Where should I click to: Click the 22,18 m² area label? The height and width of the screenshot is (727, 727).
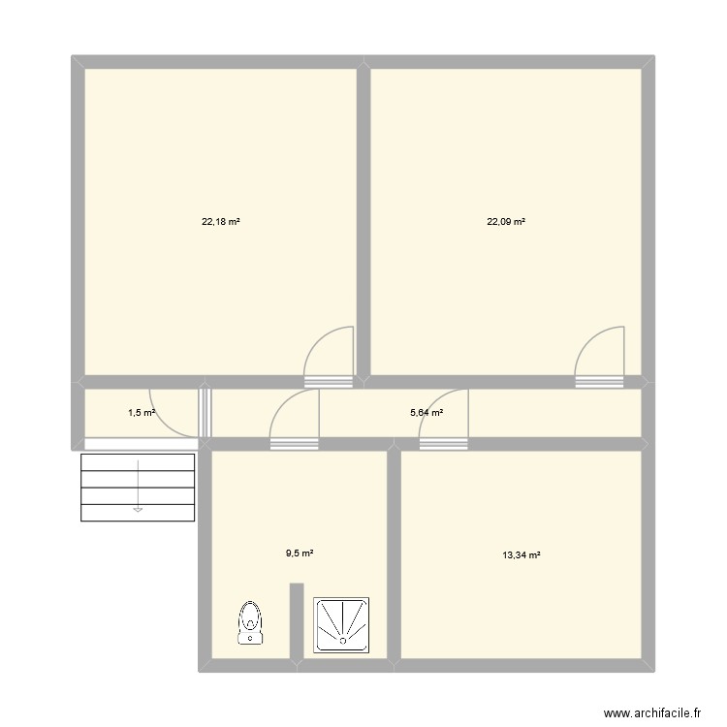(x=221, y=222)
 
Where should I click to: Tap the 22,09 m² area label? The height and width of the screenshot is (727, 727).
(x=506, y=222)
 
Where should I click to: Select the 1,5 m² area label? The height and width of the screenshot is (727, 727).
(x=142, y=413)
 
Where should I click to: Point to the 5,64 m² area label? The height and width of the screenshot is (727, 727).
(x=427, y=413)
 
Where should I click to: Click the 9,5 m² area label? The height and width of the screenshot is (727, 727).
(x=299, y=553)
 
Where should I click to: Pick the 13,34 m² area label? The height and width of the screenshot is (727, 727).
(x=522, y=555)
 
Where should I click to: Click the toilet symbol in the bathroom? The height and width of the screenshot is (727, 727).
(x=251, y=622)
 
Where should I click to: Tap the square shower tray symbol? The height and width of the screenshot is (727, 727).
(x=342, y=624)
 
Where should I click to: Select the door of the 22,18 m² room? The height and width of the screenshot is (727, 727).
(x=330, y=357)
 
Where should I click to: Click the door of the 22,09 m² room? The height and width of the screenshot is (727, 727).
(x=599, y=357)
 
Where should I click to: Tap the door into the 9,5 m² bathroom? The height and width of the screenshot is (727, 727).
(x=295, y=419)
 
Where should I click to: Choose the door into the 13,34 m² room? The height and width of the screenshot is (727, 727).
(x=444, y=419)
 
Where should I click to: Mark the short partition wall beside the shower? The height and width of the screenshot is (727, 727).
(x=297, y=620)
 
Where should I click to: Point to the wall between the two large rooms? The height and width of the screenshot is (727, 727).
(x=363, y=218)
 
